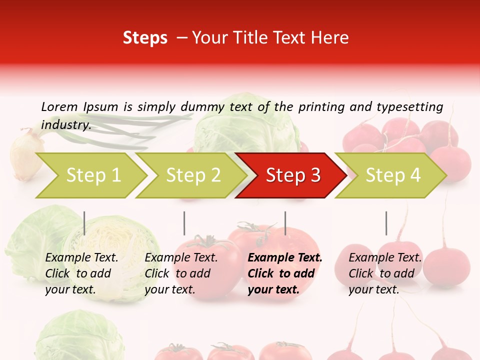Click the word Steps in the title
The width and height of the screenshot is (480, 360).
tap(145, 38)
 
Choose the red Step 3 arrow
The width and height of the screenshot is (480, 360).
tap(293, 175)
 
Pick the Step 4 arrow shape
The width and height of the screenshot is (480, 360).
tap(393, 175)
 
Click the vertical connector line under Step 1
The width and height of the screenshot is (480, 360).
tap(84, 223)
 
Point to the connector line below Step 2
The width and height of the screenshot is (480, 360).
tap(184, 223)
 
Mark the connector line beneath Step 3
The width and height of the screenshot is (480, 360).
tap(285, 223)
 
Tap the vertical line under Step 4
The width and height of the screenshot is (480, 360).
tap(386, 223)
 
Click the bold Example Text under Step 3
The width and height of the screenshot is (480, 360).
tap(285, 273)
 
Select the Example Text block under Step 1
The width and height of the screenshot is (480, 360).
tap(81, 273)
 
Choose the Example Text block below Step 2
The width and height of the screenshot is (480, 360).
tap(181, 273)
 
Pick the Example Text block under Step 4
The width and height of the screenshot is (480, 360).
tap(385, 273)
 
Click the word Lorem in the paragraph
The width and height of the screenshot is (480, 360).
tap(59, 106)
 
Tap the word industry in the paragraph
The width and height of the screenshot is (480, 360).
tap(65, 125)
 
